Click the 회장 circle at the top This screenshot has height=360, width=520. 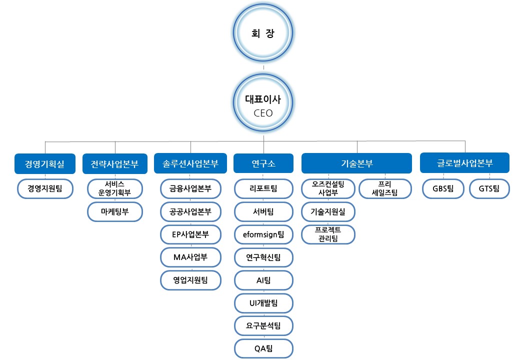pos(263,34)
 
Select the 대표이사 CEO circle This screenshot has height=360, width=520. pos(263,105)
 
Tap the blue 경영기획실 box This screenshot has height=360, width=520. pos(45,163)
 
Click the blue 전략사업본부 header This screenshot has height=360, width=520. pos(114,163)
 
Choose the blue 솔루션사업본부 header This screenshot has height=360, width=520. pos(190,163)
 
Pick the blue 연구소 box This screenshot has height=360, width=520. pos(263,163)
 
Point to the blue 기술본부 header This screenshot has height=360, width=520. pos(356,163)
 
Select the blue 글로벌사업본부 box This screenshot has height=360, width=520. pos(464,163)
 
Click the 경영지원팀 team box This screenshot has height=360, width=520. pos(45,188)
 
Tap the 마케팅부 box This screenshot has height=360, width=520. pos(114,211)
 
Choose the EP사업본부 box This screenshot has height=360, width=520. pos(190,234)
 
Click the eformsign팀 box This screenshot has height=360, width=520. pos(263,234)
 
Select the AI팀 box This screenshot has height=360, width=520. pos(263,280)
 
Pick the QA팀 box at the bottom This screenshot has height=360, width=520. pos(263,348)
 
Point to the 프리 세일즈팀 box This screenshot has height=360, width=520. pos(384,188)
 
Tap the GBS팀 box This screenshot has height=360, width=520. pos(443,188)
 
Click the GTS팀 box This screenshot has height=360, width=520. pos(489,188)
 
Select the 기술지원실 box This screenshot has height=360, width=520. pos(328,211)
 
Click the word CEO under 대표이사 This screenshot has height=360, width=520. pos(263,113)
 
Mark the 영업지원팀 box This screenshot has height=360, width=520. pos(190,280)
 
